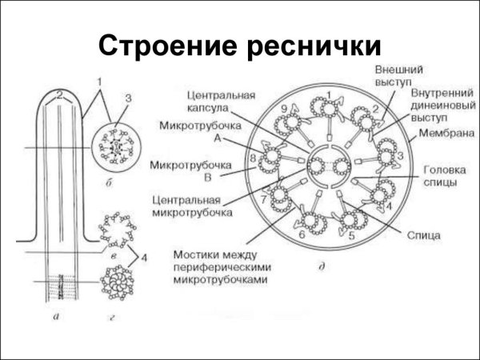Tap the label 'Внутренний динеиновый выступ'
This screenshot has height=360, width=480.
438,105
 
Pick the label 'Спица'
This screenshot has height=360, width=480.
422,236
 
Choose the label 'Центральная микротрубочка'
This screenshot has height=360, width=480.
194,206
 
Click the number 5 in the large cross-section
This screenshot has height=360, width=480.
352,236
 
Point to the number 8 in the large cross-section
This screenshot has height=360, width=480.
253,158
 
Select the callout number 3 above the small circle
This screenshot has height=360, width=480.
126,98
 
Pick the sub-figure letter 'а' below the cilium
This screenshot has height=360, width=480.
54,317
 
